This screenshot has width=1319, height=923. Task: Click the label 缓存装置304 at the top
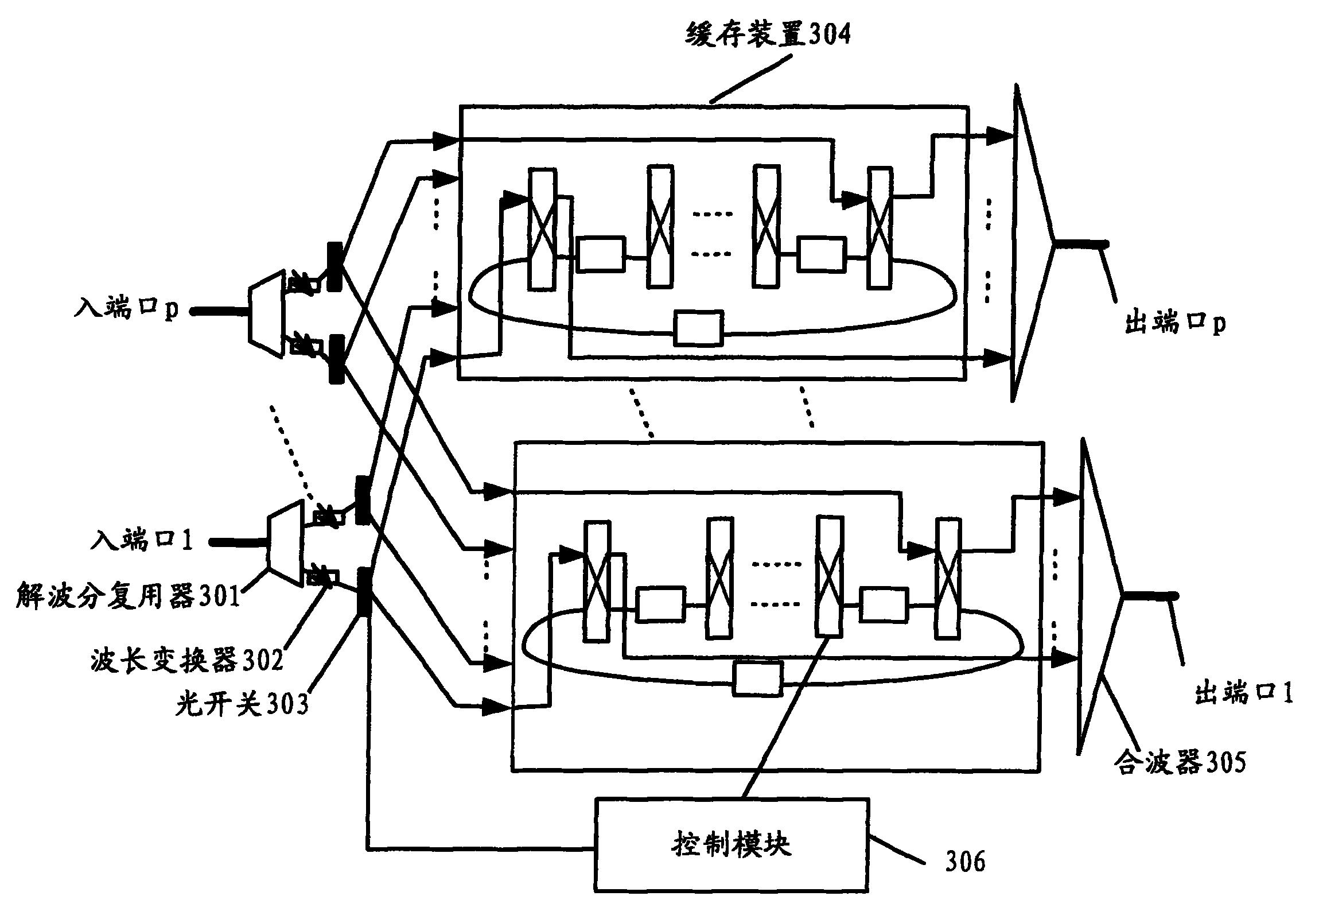(x=768, y=34)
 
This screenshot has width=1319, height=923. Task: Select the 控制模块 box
(x=732, y=844)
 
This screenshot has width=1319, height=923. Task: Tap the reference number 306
(x=965, y=861)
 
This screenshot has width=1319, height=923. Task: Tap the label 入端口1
(x=141, y=540)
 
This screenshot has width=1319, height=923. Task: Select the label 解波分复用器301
(x=127, y=595)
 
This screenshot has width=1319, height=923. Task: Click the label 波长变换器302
(x=186, y=659)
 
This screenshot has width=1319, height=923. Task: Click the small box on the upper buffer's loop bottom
(x=698, y=328)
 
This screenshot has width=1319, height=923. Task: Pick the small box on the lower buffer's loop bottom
(x=758, y=678)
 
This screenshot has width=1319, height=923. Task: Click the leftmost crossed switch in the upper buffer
(x=542, y=228)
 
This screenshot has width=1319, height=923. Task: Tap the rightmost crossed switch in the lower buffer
(x=948, y=578)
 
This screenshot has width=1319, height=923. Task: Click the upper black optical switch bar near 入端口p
(x=335, y=266)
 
